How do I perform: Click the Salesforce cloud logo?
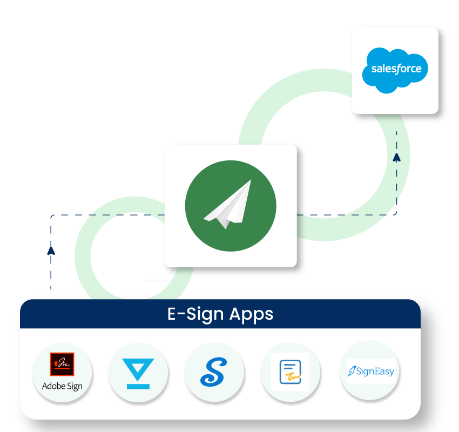tap(395, 70)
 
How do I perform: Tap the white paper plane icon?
tap(228, 204)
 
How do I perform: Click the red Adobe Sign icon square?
tap(62, 364)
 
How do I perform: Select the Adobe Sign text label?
tap(62, 386)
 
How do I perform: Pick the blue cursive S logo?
tap(214, 372)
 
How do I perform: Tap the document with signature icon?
tap(291, 372)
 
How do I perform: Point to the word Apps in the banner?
tap(251, 314)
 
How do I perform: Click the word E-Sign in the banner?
tap(195, 314)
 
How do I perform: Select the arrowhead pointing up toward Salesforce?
tap(397, 158)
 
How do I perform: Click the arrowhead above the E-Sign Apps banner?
tap(51, 251)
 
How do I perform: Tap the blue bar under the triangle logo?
tap(138, 386)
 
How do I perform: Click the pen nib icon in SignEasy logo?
tap(352, 371)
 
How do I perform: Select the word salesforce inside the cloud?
tap(396, 69)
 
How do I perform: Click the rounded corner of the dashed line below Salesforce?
tap(395, 214)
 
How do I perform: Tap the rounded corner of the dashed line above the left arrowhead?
tap(52, 217)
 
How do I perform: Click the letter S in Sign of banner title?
tap(192, 314)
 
